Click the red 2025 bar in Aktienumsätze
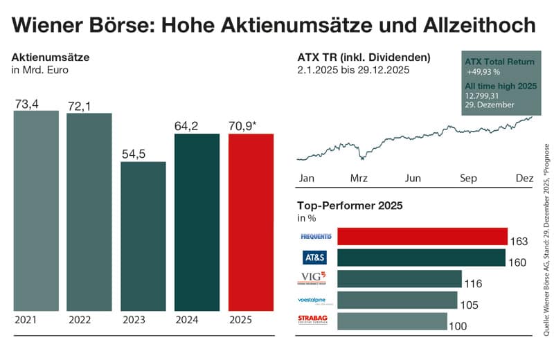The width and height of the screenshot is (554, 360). click(251, 222)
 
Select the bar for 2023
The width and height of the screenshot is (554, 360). click(143, 236)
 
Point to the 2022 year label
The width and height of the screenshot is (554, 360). click(81, 321)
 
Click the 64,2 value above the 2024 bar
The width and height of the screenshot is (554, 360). click(189, 126)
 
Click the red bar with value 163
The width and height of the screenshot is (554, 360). click(422, 237)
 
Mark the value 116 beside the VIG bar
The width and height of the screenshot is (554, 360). click(473, 284)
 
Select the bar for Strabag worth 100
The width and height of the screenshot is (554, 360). click(392, 321)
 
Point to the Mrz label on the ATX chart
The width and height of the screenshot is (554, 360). click(359, 178)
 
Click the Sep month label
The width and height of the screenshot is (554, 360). click(469, 178)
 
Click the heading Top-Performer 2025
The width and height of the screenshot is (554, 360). click(350, 205)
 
